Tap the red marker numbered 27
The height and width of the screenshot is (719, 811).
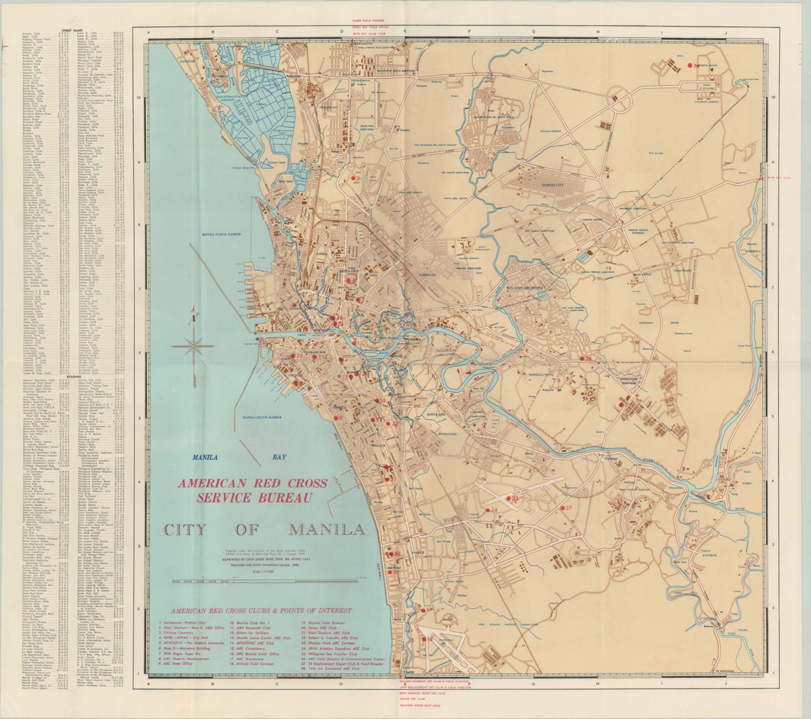point(562,508)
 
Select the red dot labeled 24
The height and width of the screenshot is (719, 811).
point(487,510)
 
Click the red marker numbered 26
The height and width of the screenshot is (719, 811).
point(582,359)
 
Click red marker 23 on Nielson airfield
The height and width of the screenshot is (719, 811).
point(509,499)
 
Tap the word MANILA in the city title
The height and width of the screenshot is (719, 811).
point(327,529)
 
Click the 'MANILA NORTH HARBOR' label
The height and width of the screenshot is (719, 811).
point(221,234)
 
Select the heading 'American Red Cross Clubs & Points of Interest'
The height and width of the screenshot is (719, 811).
point(261,611)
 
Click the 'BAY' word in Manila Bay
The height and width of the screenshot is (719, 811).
point(279,457)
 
